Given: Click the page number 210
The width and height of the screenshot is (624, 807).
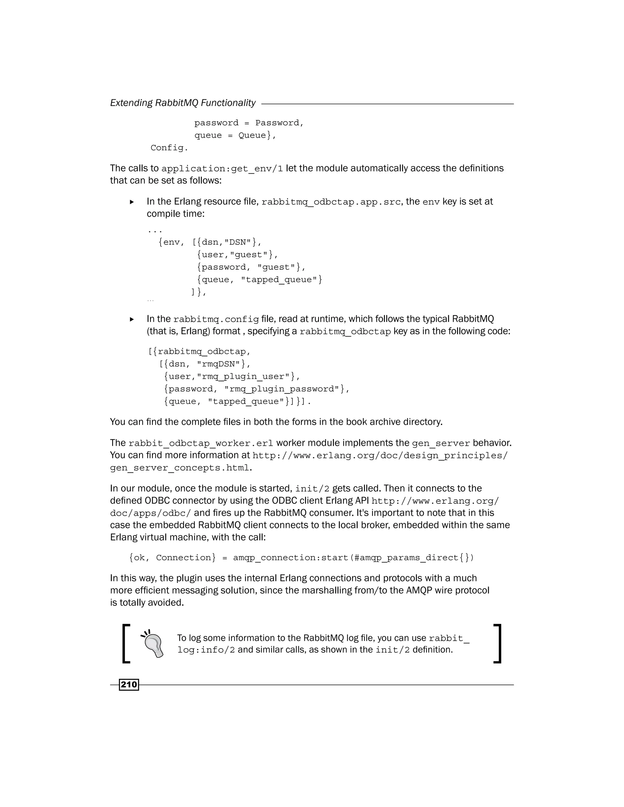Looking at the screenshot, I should pyautogui.click(x=129, y=684).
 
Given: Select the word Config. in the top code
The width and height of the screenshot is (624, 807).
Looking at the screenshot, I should pyautogui.click(x=169, y=148).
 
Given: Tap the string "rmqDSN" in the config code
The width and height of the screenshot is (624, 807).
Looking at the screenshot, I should pyautogui.click(x=218, y=364).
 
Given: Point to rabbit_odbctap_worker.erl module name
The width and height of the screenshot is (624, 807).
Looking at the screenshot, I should pyautogui.click(x=201, y=443).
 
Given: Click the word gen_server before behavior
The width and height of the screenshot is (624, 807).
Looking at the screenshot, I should pyautogui.click(x=441, y=443).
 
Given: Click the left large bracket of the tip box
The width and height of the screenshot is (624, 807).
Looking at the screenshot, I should pyautogui.click(x=126, y=644).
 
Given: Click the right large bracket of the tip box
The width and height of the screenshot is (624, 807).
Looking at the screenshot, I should pyautogui.click(x=498, y=644).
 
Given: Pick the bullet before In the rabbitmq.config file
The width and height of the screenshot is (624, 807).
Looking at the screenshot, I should pyautogui.click(x=132, y=319).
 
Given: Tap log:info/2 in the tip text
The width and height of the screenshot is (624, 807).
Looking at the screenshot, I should pyautogui.click(x=206, y=650).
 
